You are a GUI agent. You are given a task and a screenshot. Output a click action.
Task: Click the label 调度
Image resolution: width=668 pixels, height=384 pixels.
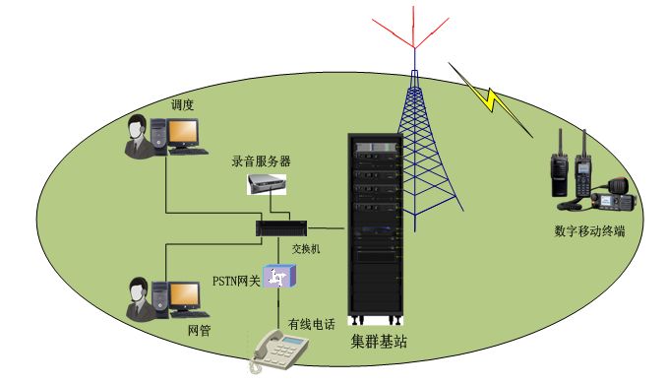[x=183, y=103]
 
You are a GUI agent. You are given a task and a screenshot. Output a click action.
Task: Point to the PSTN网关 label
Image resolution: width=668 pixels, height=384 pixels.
[x=236, y=282]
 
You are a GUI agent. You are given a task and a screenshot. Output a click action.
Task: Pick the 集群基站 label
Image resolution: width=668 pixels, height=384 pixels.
[x=379, y=343]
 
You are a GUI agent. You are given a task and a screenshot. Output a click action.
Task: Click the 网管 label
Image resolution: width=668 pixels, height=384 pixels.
[x=199, y=330]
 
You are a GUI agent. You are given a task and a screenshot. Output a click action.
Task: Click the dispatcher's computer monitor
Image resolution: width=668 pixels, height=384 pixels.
[x=182, y=133]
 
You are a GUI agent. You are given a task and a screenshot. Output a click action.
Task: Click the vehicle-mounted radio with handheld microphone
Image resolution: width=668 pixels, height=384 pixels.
[x=617, y=198]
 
